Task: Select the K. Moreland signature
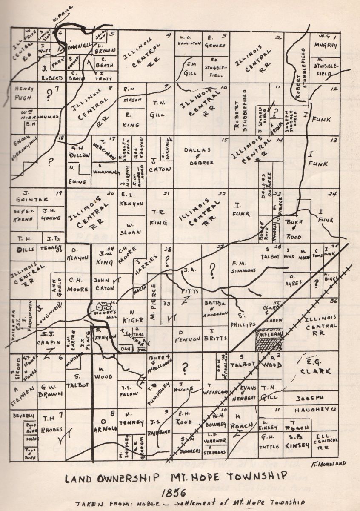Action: click(x=329, y=463)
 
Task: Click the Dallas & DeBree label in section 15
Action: click(x=197, y=153)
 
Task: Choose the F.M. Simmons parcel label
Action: click(x=243, y=266)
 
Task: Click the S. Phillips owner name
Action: click(x=249, y=323)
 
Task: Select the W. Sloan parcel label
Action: click(x=131, y=228)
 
